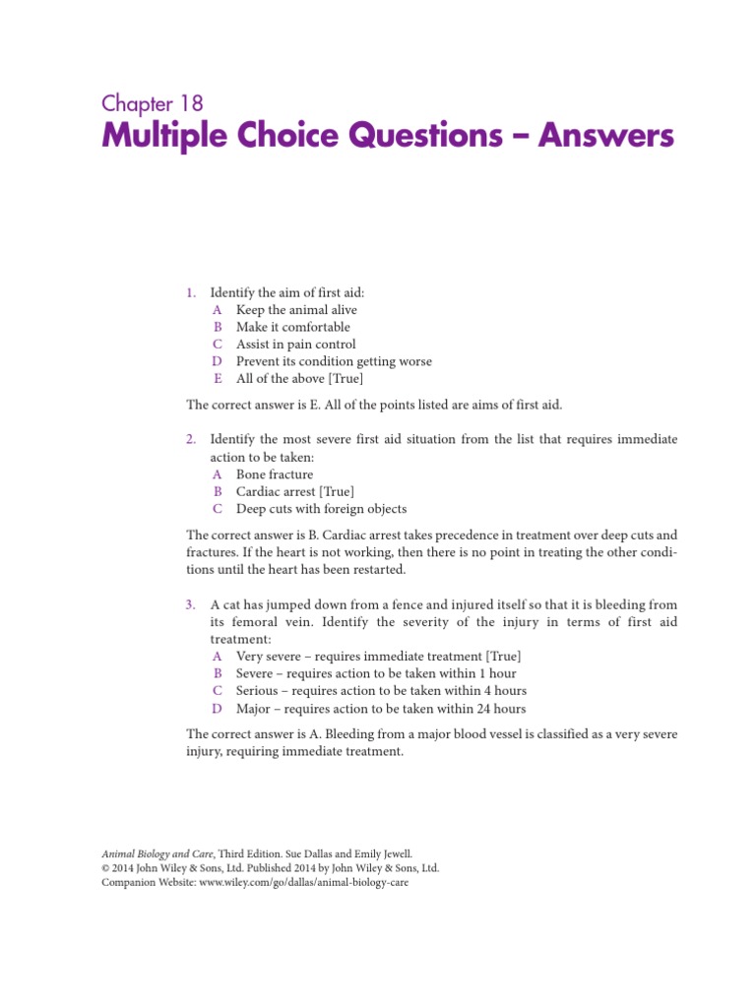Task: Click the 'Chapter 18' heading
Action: pyautogui.click(x=153, y=103)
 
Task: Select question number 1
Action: pyautogui.click(x=191, y=292)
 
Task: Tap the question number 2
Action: pyautogui.click(x=191, y=439)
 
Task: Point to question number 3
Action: pyautogui.click(x=191, y=603)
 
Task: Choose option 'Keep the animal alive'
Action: pyautogui.click(x=296, y=310)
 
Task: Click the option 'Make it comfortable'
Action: pyautogui.click(x=292, y=327)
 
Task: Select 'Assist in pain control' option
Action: pyautogui.click(x=295, y=345)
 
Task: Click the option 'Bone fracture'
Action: pyautogui.click(x=275, y=474)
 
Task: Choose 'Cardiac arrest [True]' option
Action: pyautogui.click(x=295, y=491)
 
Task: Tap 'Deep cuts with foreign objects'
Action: pyautogui.click(x=321, y=509)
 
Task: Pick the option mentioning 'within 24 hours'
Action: pyautogui.click(x=381, y=709)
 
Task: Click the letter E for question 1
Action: pyautogui.click(x=218, y=379)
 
